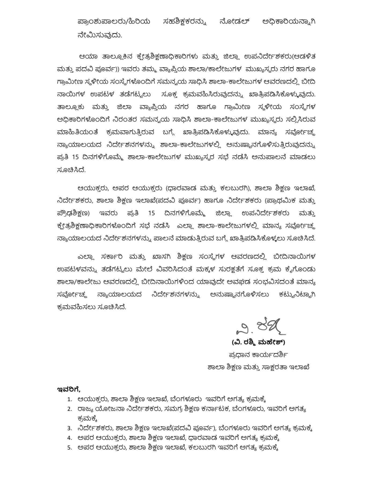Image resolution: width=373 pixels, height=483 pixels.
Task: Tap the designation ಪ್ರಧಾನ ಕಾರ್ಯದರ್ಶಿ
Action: (258, 355)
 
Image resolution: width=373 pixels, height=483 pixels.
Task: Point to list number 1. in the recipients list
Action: (70, 399)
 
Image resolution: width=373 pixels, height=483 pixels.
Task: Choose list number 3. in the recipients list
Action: (70, 428)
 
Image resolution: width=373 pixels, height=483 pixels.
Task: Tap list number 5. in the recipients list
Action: (70, 447)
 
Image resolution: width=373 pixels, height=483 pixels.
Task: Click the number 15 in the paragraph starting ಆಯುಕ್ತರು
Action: (151, 213)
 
